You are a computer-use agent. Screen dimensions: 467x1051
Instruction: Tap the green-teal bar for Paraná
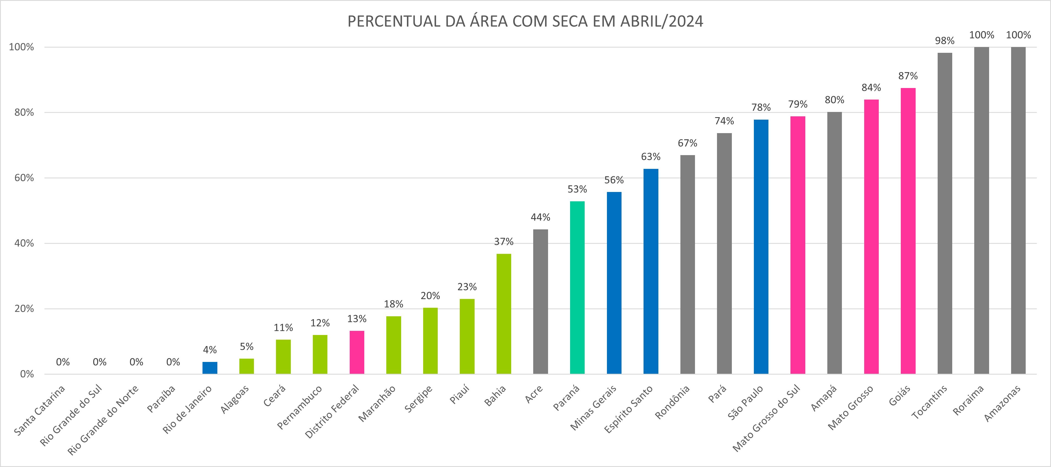(577, 287)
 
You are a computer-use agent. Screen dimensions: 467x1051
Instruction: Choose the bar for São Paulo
(761, 247)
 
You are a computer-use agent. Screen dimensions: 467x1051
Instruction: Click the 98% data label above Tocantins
(945, 41)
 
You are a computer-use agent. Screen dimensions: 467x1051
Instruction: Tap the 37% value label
(503, 242)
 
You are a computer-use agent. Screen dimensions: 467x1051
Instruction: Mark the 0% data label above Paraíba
(173, 362)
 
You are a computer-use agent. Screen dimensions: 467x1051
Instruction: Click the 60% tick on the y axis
(24, 178)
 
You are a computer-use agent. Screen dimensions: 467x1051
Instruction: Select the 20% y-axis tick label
(24, 309)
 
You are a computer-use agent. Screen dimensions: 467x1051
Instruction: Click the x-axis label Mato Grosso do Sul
(767, 418)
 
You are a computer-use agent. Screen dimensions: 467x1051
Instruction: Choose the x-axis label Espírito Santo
(629, 409)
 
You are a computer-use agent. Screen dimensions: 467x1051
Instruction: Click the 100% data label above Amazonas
(1018, 35)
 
